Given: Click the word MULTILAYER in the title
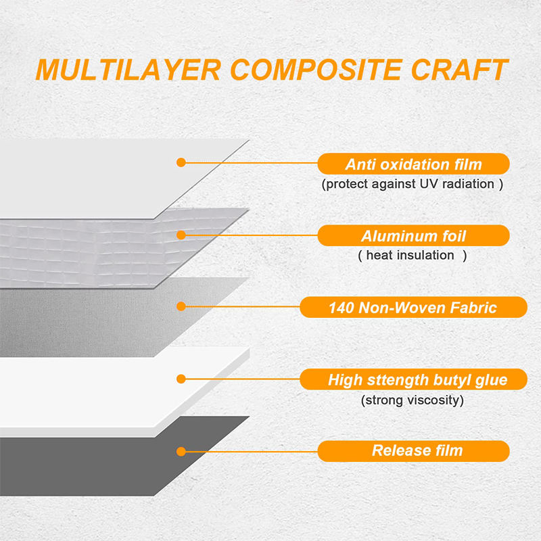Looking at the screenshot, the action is point(128,70).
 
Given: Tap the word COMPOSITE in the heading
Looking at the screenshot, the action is point(316,70).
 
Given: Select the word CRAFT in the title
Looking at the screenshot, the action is point(460,70).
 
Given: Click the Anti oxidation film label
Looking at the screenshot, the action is point(413,164).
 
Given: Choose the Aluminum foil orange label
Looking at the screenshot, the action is point(413,235).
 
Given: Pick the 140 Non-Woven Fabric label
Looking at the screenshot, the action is point(413,307).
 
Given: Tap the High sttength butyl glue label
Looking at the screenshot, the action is point(413,379).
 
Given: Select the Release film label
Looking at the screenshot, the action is point(413,451).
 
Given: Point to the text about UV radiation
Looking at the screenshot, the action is point(413,184).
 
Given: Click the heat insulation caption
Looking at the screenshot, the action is point(413,256).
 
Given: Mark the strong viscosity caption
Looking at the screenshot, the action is point(413,400).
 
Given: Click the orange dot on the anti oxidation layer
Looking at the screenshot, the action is point(181,162).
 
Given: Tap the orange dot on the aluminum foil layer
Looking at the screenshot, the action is point(181,235).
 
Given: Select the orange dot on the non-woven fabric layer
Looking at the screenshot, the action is point(181,306).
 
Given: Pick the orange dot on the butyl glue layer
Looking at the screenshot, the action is point(181,379).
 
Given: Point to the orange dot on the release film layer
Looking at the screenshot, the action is point(181,451).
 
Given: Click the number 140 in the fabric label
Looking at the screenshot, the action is point(342,308).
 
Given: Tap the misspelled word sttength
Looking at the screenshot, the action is point(398,381).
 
